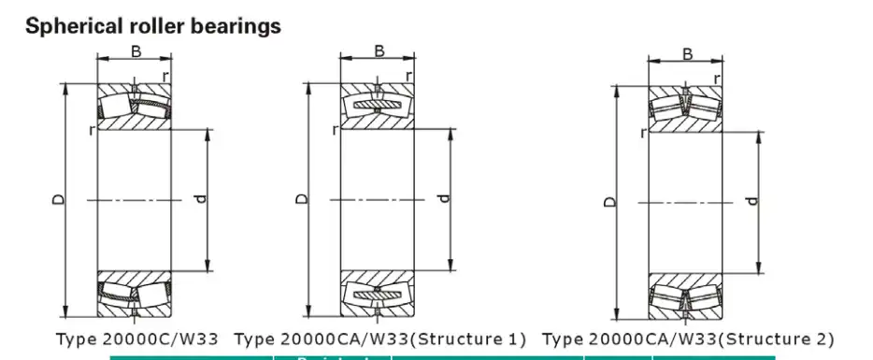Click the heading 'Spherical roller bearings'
(152, 26)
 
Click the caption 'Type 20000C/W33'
(136, 338)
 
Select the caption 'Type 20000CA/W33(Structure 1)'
(379, 338)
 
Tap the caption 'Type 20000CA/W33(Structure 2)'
(688, 338)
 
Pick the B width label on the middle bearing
(379, 51)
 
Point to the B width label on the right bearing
(687, 55)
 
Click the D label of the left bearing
(59, 199)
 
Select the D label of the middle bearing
(301, 199)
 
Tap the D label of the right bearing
(609, 201)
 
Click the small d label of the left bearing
(199, 199)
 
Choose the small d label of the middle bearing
(444, 198)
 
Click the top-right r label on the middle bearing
(408, 75)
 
